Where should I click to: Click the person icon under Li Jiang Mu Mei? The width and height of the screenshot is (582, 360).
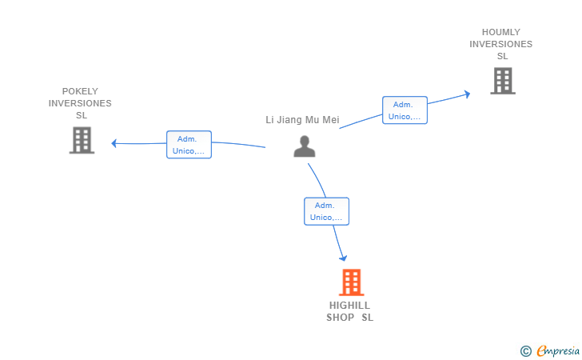tap(305, 146)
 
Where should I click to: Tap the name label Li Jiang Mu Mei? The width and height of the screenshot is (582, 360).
tap(302, 120)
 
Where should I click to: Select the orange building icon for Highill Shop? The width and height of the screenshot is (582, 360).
tap(351, 282)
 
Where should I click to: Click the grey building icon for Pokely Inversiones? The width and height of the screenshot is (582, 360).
tap(82, 140)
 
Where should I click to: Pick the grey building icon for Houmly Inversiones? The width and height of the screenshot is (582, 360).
tap(502, 80)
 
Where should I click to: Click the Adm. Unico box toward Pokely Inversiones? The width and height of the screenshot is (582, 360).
tap(189, 145)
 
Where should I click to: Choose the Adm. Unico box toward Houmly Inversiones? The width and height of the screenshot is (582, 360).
tap(405, 110)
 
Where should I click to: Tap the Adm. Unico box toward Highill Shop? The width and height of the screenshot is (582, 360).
tap(326, 211)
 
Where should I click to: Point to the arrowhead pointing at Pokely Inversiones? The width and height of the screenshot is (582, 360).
tap(114, 143)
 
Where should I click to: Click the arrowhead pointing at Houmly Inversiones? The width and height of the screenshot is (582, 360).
tap(467, 94)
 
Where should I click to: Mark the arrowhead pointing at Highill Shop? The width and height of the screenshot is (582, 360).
tap(343, 258)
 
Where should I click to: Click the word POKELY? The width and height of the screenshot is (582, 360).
tap(80, 91)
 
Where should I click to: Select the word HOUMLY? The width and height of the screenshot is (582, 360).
tap(500, 32)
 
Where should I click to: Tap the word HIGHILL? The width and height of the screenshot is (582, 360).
tap(349, 305)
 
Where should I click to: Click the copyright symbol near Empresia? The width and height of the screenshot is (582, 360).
tap(525, 350)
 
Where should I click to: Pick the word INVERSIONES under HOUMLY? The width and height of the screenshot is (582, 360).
tap(500, 44)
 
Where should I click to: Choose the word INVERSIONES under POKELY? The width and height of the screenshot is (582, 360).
tap(80, 103)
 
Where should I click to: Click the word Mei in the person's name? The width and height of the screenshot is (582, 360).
tap(331, 120)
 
